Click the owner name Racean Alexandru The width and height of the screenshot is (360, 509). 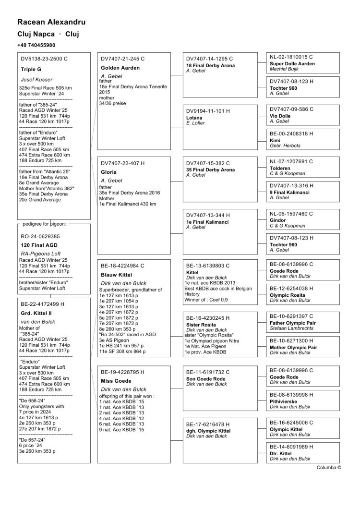(51, 22)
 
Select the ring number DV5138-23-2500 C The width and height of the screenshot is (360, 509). (44, 59)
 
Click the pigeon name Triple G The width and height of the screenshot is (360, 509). (31, 69)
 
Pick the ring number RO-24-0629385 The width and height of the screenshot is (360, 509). (40, 236)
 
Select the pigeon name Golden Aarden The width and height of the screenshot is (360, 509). (120, 68)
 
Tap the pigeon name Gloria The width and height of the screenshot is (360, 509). (109, 171)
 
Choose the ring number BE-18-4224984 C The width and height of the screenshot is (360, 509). (122, 265)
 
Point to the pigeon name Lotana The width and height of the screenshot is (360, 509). (194, 118)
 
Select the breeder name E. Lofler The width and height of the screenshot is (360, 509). (195, 123)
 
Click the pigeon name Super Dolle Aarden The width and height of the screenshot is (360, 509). (292, 63)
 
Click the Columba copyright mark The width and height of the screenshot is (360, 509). (329, 467)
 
